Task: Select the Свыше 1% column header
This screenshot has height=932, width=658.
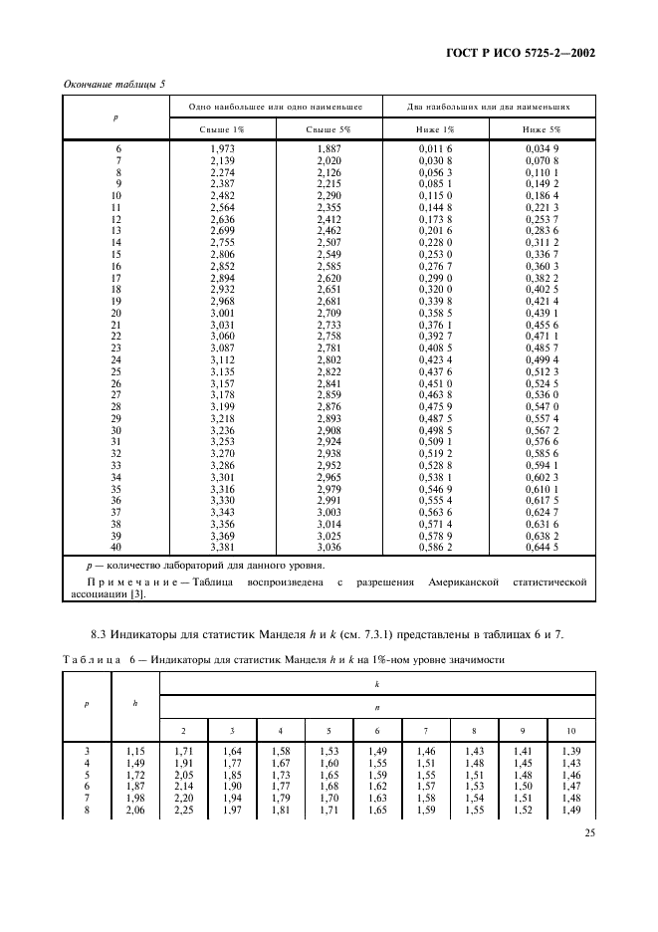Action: point(221,129)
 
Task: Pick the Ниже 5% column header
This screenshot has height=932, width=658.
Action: point(542,129)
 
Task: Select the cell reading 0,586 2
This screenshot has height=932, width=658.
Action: point(435,547)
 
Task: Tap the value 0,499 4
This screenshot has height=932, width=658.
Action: point(542,359)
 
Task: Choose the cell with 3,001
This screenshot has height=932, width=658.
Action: point(221,313)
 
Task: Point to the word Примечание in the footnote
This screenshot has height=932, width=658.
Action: point(129,582)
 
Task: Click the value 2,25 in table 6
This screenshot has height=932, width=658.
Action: point(183,810)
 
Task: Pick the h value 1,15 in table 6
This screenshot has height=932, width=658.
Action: point(134,751)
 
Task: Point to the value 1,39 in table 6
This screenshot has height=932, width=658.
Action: point(570,751)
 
